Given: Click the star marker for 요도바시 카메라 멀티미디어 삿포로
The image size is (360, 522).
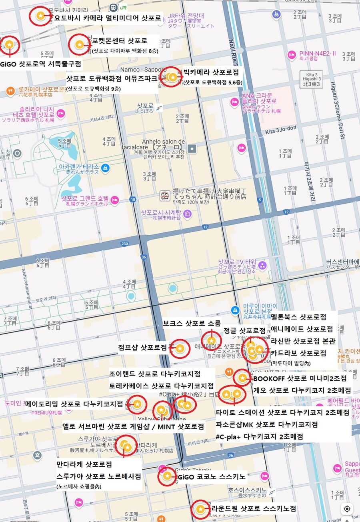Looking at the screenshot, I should click(x=40, y=16).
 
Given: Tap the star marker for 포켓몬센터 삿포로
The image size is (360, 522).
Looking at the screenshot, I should click(x=79, y=44).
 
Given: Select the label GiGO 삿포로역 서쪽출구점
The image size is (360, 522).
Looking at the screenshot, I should click(x=40, y=64).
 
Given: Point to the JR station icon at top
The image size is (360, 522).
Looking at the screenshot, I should click(x=114, y=7).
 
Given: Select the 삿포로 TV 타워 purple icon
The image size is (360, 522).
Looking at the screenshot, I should click(x=262, y=265).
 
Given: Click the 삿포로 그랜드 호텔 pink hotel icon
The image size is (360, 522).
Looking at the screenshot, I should click(x=115, y=200).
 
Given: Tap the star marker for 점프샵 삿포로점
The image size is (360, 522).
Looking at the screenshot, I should click(x=180, y=349).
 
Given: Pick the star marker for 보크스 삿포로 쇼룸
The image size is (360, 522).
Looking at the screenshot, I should click(x=211, y=340).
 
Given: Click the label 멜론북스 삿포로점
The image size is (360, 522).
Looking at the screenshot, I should click(x=298, y=317).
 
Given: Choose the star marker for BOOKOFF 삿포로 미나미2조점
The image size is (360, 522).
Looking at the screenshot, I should click(x=242, y=378).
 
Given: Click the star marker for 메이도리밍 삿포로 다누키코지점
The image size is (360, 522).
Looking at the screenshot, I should click(x=137, y=404).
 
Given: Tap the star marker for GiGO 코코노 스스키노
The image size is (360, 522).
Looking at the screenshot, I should click(x=167, y=476).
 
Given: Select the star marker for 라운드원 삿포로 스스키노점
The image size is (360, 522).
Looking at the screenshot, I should click(x=200, y=509).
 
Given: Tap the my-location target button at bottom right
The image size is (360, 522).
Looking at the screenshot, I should click(x=347, y=509).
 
